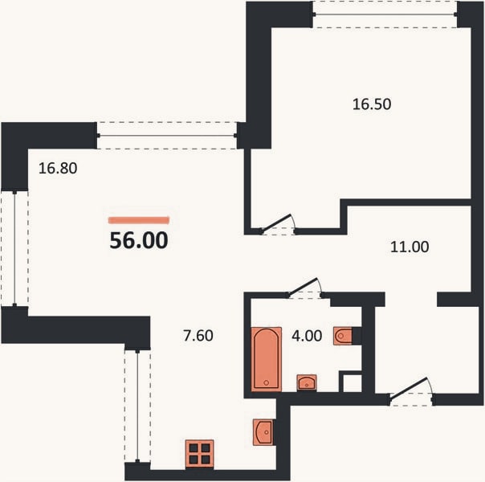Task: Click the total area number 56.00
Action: click(x=139, y=240)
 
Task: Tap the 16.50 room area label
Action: click(x=372, y=104)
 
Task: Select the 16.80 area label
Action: click(x=58, y=168)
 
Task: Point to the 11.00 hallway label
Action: click(x=410, y=247)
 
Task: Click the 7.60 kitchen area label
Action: click(x=198, y=336)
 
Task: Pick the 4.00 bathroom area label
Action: click(x=307, y=336)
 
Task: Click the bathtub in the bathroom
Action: click(x=267, y=359)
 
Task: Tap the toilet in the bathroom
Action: click(x=343, y=336)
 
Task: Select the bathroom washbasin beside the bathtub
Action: click(x=307, y=382)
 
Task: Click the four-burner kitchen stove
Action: click(x=199, y=454)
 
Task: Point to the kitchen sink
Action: click(x=263, y=432)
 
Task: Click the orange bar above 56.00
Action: click(x=139, y=220)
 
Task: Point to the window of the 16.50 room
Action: click(x=385, y=14)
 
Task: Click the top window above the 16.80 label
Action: click(x=167, y=136)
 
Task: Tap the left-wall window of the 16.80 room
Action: click(x=14, y=248)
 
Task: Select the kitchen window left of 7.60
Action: click(x=137, y=406)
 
